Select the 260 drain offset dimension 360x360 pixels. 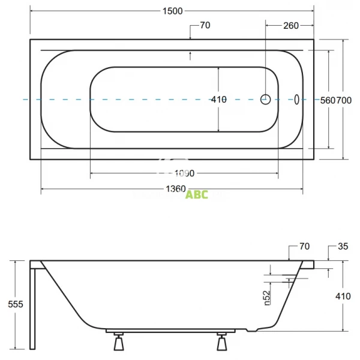290,25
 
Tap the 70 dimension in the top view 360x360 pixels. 205,25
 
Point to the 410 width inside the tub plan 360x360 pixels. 219,100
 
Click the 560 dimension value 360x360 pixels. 328,101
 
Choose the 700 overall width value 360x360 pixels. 344,101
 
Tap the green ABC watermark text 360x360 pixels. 197,194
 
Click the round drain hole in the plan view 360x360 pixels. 266,100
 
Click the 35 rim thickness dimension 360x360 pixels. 343,246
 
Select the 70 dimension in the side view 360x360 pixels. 304,246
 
